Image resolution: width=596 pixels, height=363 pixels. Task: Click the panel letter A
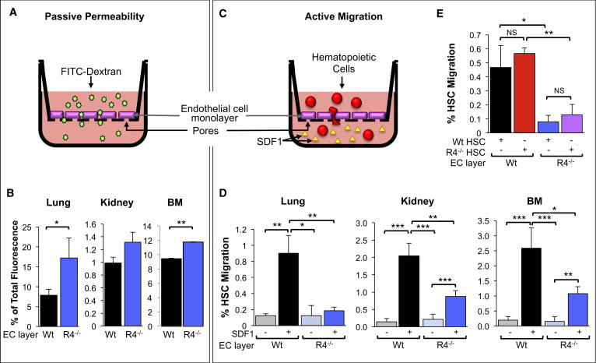pos(10,12)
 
